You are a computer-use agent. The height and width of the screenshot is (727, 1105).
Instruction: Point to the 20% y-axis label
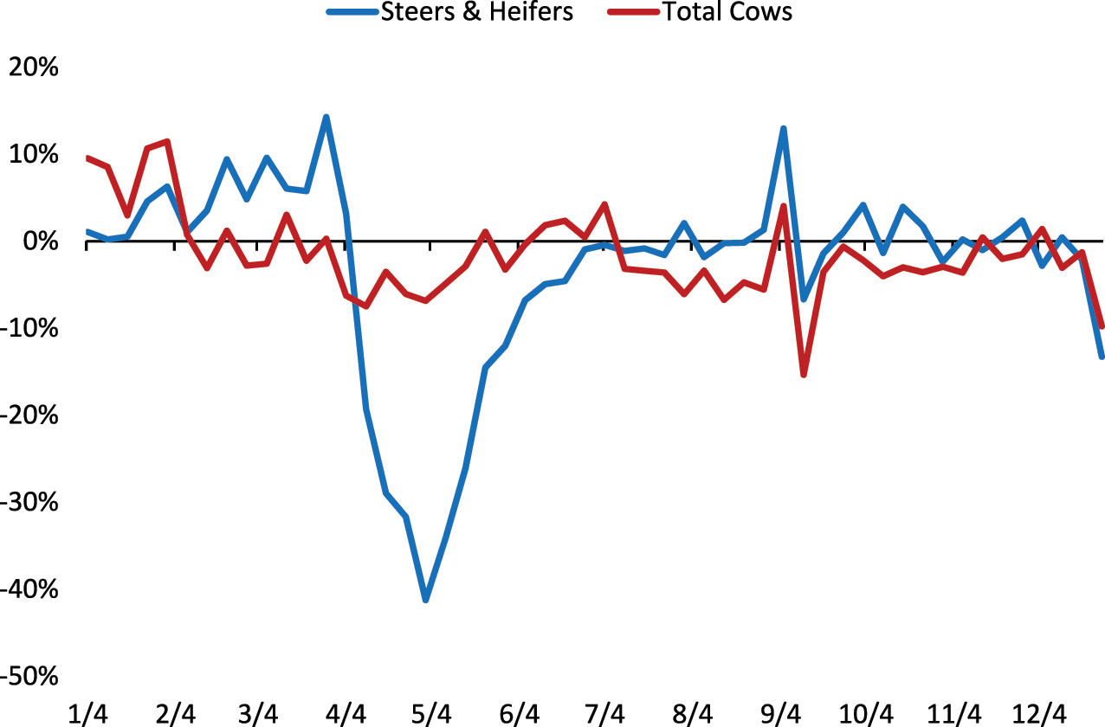pyautogui.click(x=33, y=68)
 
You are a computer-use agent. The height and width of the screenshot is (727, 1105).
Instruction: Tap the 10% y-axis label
pyautogui.click(x=33, y=155)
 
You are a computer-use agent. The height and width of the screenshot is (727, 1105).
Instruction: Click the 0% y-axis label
pyautogui.click(x=39, y=241)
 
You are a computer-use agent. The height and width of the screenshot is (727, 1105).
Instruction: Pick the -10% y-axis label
pyautogui.click(x=29, y=329)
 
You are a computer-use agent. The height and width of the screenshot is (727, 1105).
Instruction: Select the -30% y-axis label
pyautogui.click(x=29, y=503)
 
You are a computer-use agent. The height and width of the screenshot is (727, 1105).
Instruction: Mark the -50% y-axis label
pyautogui.click(x=29, y=677)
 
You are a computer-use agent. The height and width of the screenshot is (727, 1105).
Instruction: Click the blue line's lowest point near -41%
pyautogui.click(x=426, y=600)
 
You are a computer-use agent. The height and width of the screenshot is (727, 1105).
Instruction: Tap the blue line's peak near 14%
pyautogui.click(x=326, y=117)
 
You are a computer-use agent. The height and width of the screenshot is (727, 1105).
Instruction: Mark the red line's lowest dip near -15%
pyautogui.click(x=804, y=375)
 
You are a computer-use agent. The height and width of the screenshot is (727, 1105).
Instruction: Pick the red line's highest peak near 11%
pyautogui.click(x=166, y=141)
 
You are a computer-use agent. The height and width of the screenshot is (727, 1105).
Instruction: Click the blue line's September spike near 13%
pyautogui.click(x=783, y=129)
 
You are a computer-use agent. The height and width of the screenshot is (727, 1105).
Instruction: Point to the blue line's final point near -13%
pyautogui.click(x=1102, y=356)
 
